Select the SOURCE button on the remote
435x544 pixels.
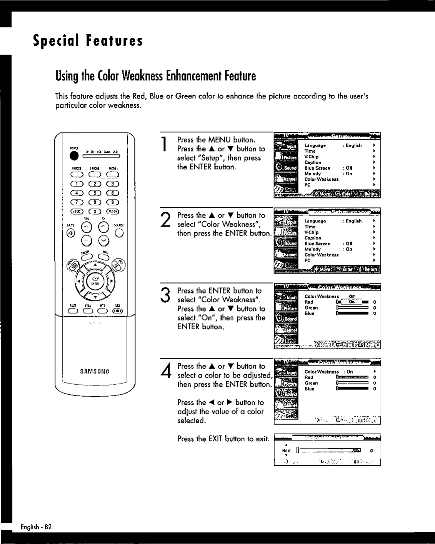pos(120,233)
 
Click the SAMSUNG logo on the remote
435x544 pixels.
pos(94,372)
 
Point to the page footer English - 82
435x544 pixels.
pos(37,527)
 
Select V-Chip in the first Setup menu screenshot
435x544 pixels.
pos(312,157)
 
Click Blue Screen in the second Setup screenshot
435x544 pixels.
pos(317,244)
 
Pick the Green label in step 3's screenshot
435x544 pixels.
pos(311,308)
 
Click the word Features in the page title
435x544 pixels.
pos(114,40)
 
